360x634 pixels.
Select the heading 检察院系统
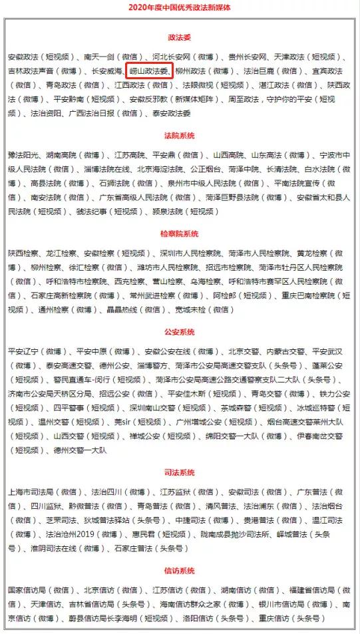(x=179, y=234)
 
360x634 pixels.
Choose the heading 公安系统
(x=179, y=331)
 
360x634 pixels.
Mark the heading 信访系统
(x=179, y=570)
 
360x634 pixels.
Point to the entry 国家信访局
(x=25, y=590)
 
